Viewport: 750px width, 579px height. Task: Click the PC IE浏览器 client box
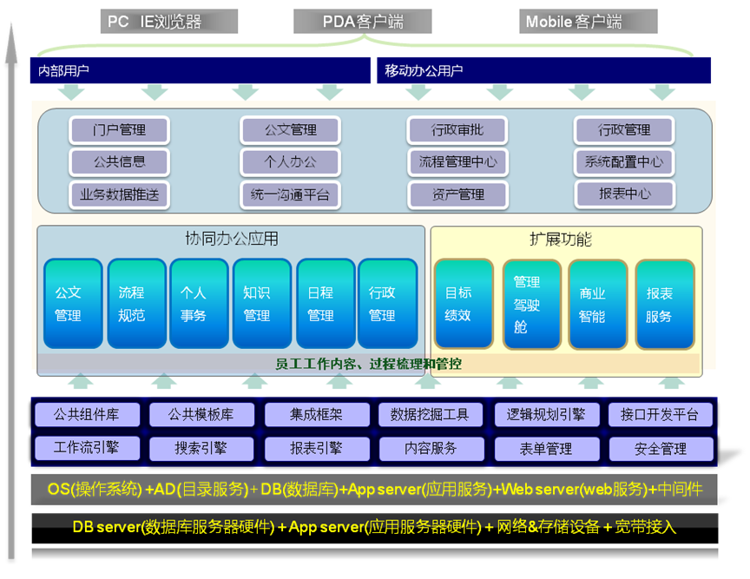pos(169,22)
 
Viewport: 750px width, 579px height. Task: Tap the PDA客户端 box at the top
pos(362,22)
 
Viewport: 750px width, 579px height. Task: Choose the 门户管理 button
pos(120,130)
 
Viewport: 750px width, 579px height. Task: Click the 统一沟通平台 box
pos(289,194)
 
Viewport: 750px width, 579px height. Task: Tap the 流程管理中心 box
pos(457,161)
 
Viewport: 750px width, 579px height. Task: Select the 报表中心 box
pos(624,194)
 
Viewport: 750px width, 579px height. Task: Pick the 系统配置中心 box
pos(624,161)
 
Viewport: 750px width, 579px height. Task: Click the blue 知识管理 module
pos(258,304)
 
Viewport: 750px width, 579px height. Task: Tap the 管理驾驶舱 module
pos(531,304)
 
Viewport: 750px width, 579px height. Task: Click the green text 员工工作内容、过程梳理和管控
pos(369,364)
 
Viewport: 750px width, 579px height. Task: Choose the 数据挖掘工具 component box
pos(430,415)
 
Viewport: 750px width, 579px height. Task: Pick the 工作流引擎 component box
pos(85,448)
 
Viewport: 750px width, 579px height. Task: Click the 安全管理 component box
pos(660,449)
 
